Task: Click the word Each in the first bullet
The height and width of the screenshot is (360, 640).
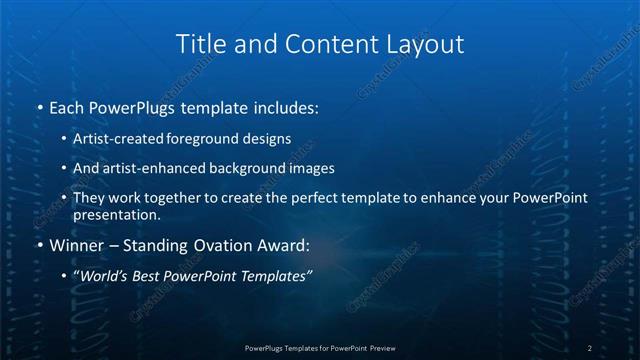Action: click(68, 106)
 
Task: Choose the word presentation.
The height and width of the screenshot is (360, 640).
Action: click(116, 214)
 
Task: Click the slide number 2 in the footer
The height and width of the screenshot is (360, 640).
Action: click(591, 347)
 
